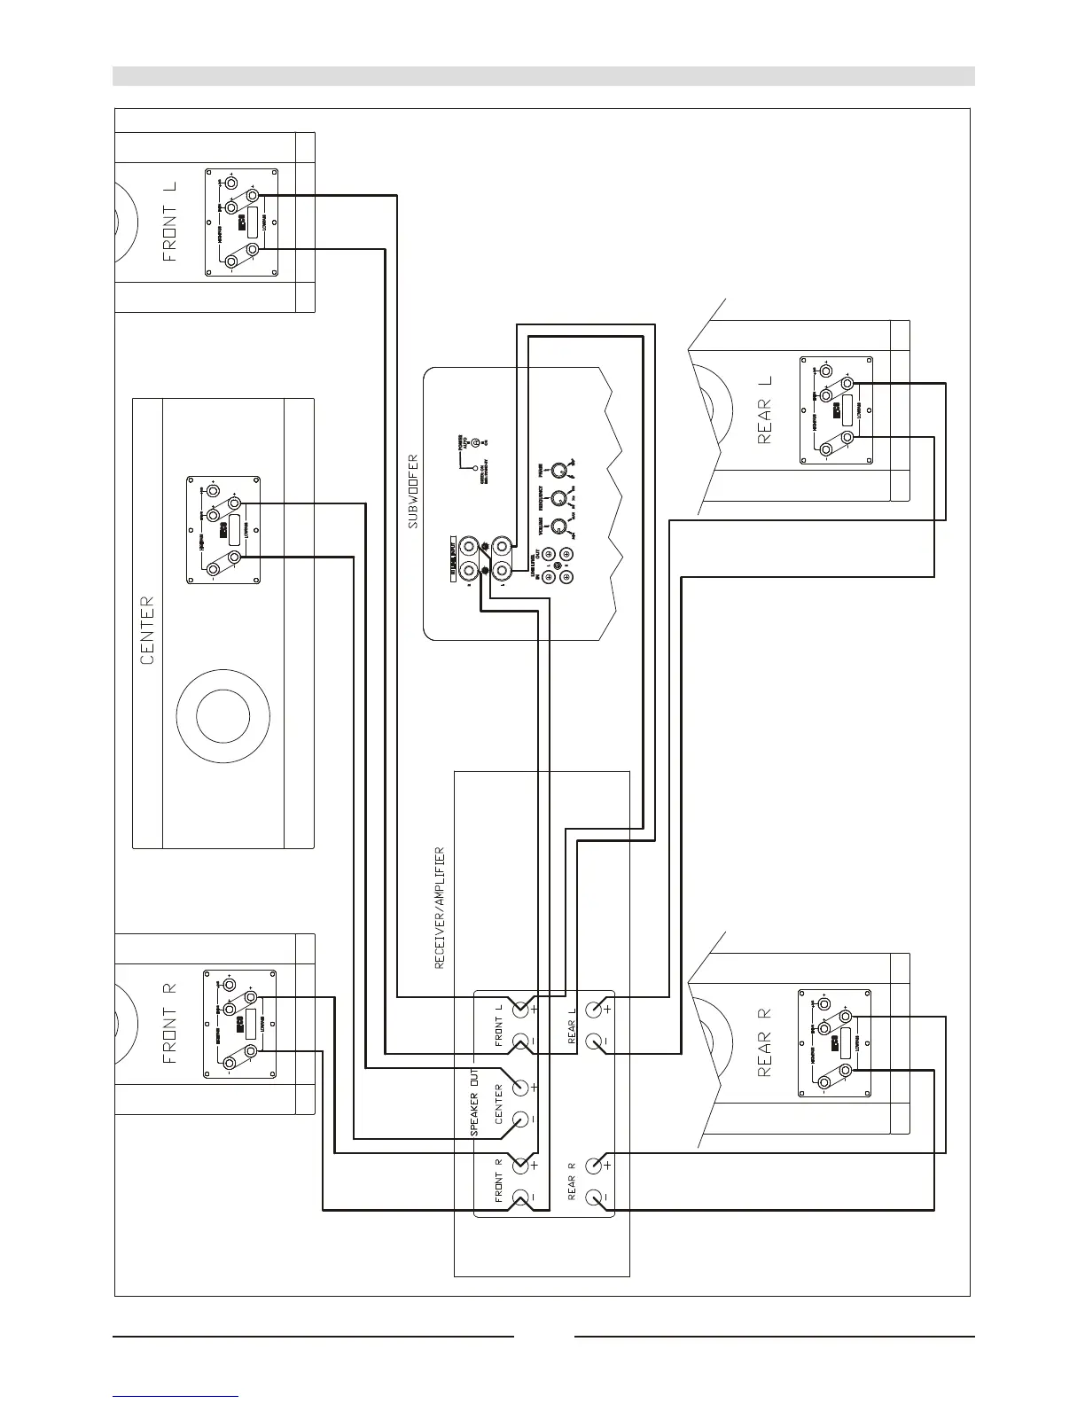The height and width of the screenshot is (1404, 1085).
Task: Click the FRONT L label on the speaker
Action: coord(170,222)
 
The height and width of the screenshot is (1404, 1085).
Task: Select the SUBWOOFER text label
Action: coord(413,492)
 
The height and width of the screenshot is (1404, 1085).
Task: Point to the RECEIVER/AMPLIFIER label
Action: coord(440,907)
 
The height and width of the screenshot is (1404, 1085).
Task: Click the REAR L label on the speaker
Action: coord(766,409)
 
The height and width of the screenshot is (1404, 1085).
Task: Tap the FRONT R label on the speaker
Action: coord(170,1023)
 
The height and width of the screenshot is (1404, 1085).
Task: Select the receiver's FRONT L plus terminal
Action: coord(521,1009)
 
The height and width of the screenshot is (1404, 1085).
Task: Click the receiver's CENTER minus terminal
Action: coord(521,1119)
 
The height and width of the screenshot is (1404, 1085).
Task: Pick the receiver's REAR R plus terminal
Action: coord(596,1164)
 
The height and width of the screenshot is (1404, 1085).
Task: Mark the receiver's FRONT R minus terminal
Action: coord(521,1197)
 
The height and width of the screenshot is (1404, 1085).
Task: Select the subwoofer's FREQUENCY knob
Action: coord(558,498)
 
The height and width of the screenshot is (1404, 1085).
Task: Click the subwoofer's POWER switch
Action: coord(476,442)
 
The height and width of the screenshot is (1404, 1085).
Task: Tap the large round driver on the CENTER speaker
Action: coord(223,717)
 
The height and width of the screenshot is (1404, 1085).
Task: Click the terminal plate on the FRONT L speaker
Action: coord(241,222)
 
